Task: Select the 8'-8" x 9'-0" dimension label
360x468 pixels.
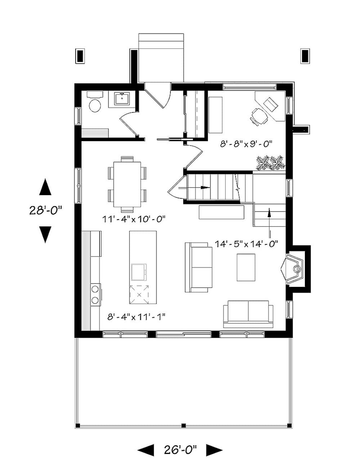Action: click(x=246, y=144)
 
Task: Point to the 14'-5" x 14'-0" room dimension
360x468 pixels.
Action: click(x=247, y=244)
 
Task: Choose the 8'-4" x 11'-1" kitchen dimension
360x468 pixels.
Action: click(x=136, y=317)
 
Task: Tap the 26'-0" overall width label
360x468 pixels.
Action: click(x=180, y=449)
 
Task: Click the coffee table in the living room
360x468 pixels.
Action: click(x=246, y=267)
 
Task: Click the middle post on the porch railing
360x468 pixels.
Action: click(x=183, y=426)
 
